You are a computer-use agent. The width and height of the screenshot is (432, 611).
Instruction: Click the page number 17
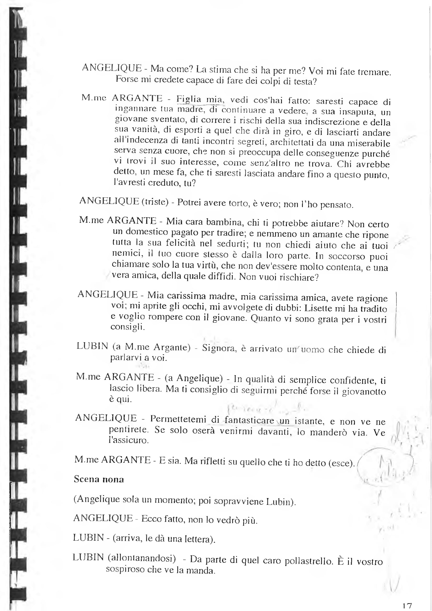(x=407, y=606)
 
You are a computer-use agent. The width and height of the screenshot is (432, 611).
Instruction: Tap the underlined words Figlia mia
(x=200, y=99)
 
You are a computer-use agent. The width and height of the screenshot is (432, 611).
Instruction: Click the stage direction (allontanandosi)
(x=142, y=557)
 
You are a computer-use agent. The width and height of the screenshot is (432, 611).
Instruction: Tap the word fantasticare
(x=249, y=420)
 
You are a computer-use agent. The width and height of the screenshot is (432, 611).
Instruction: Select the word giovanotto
(x=364, y=391)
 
